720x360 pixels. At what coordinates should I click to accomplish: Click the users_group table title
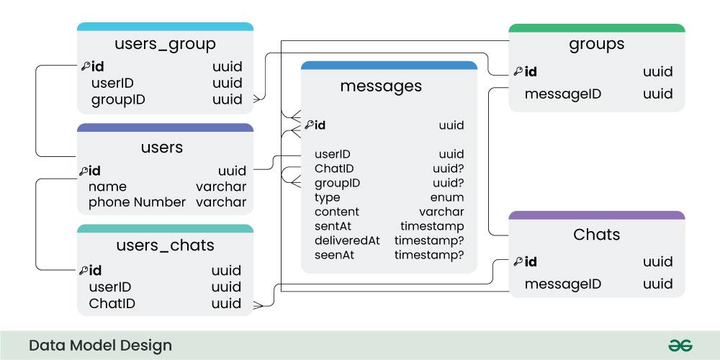165,44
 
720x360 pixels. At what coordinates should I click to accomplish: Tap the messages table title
381,86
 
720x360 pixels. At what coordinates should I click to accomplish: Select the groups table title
596,44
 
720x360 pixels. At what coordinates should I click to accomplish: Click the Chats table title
596,234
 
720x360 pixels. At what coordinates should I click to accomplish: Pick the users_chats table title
165,245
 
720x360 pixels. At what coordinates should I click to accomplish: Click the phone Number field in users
137,202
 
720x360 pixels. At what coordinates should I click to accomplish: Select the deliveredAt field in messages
347,240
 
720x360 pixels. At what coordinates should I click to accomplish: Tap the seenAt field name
335,255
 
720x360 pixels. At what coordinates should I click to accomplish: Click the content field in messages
336,212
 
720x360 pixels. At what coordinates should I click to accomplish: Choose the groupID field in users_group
118,99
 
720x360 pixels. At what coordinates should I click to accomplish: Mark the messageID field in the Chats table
562,284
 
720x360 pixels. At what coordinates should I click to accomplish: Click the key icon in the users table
84,171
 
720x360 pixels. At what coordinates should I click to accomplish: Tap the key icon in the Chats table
518,261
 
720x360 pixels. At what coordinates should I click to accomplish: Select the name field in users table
107,186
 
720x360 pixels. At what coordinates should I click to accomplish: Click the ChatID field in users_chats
112,303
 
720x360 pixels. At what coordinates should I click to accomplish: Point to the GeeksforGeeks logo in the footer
680,346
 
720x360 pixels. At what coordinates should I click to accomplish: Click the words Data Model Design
100,346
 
